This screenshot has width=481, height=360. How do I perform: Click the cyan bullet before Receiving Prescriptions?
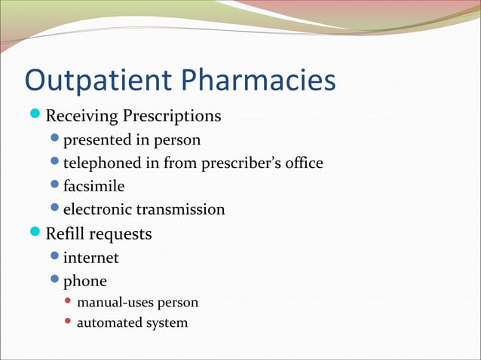point(36,115)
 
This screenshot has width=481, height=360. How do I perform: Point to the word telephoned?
point(103,163)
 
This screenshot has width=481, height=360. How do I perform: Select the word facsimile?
point(93,186)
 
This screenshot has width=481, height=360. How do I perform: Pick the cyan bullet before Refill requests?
point(36,233)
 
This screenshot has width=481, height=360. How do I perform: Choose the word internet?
point(90,258)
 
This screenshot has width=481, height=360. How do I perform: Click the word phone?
point(84,282)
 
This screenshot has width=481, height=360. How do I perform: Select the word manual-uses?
point(114,303)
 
